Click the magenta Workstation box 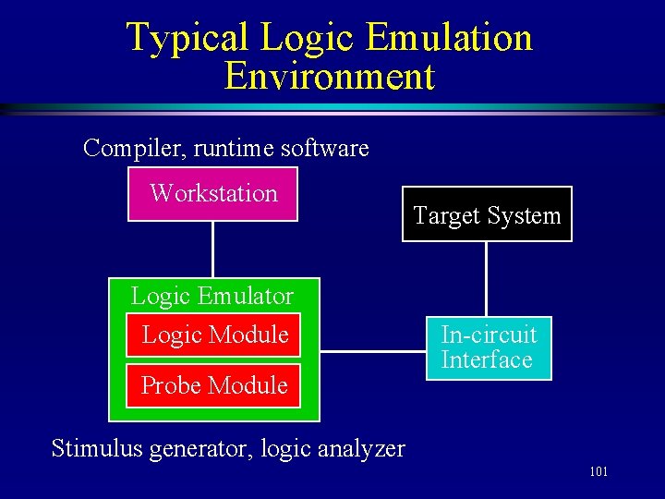pos(213,194)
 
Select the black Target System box pos(487,215)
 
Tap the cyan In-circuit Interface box pos(489,347)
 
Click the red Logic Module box pos(214,335)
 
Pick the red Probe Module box pos(214,385)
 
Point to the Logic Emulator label pos(212,296)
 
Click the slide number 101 pos(598,472)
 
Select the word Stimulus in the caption pos(97,449)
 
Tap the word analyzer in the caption pos(363,449)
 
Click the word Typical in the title pos(187,38)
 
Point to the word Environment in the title pos(329,76)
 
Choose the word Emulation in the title pos(449,38)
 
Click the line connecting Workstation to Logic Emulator pos(213,249)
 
